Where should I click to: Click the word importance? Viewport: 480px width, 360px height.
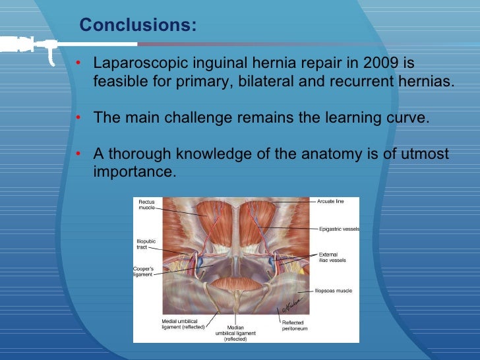[135, 171]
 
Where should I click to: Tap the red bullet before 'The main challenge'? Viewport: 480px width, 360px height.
[78, 119]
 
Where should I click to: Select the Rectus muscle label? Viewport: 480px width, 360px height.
[147, 205]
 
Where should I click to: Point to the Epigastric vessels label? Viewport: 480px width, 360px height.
[339, 229]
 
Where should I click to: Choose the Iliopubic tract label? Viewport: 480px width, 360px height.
[146, 244]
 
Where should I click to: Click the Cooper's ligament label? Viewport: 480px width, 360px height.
[144, 271]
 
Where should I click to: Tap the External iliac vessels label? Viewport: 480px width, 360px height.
[332, 257]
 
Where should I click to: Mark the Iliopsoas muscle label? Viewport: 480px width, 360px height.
[333, 290]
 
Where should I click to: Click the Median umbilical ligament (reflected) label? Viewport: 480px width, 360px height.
[235, 333]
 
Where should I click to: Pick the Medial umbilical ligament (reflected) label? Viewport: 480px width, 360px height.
[183, 324]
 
